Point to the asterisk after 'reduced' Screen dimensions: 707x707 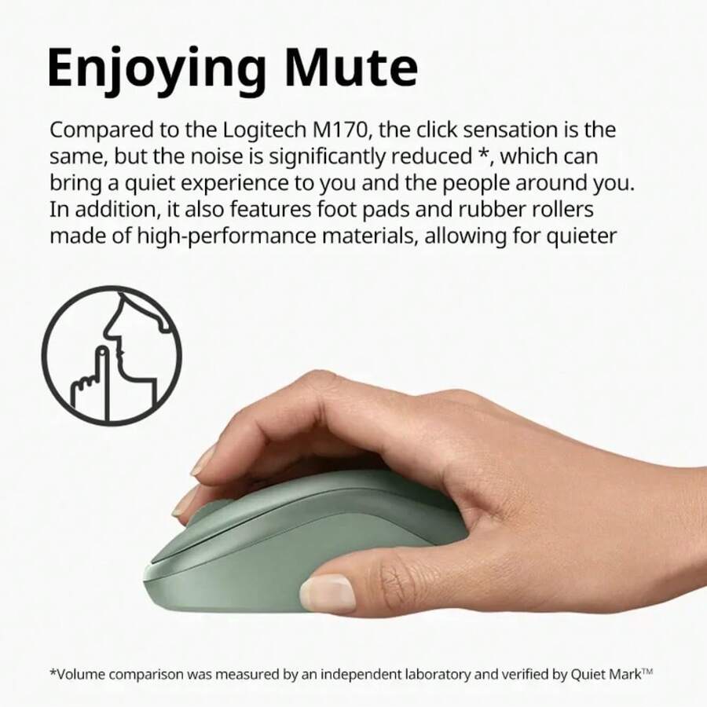tap(483, 154)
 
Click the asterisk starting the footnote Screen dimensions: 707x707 tap(53, 672)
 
